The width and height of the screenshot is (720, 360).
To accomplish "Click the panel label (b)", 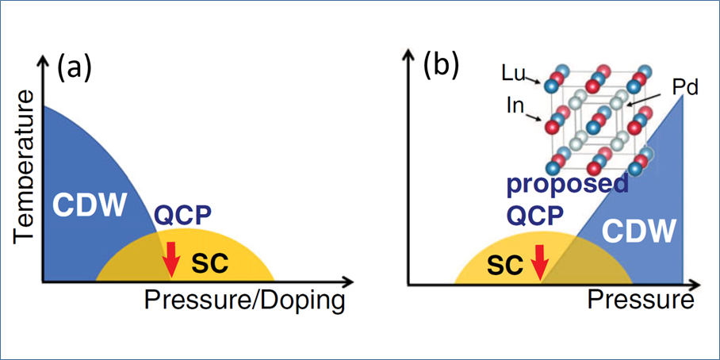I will pyautogui.click(x=441, y=67).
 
